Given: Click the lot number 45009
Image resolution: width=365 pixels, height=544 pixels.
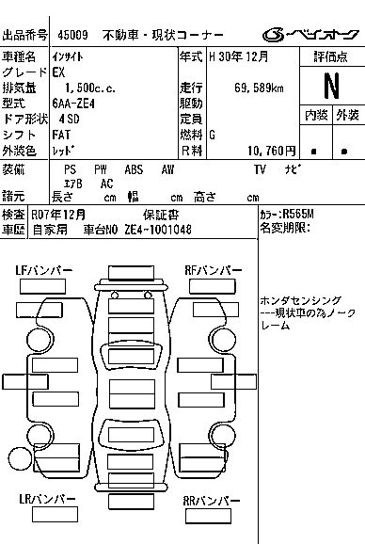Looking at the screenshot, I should coord(72,35).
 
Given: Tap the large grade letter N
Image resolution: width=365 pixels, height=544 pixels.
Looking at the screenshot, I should coord(330,87).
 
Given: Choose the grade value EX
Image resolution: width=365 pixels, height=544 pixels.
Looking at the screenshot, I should coord(59,72).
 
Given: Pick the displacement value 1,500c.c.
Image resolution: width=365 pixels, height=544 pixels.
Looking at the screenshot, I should coord(86,88).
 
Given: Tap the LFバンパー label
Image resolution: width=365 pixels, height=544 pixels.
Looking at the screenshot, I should coord(43,271).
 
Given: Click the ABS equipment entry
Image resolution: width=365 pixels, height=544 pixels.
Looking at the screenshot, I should coord(134,169).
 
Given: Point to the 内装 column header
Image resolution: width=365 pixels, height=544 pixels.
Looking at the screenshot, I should coord(315,115).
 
